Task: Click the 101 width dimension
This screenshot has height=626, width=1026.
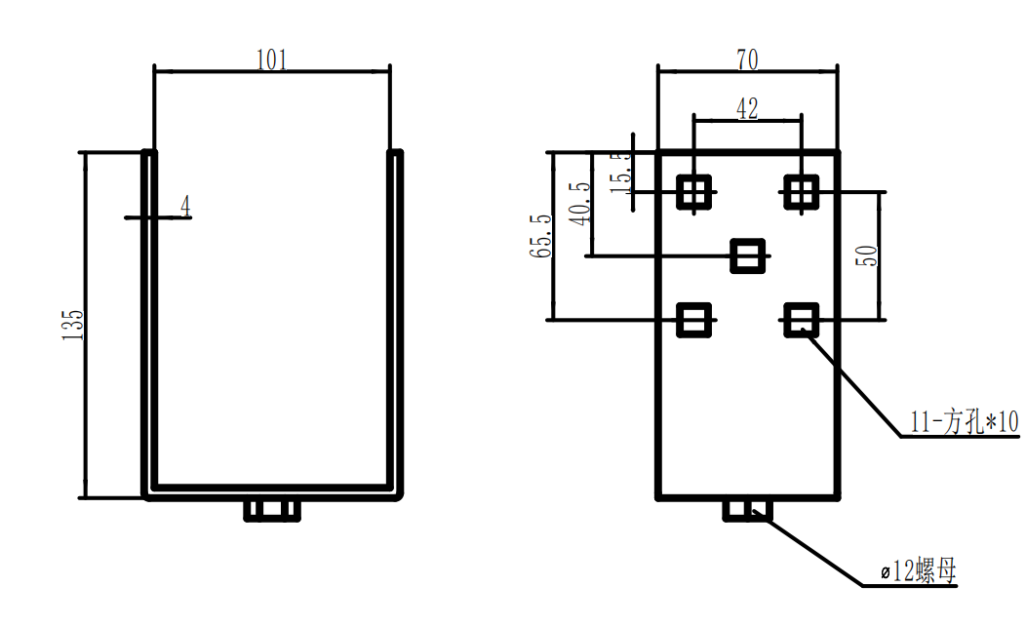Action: click(x=272, y=60)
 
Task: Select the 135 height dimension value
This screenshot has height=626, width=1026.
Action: click(x=73, y=325)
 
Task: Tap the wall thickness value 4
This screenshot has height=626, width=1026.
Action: click(x=185, y=205)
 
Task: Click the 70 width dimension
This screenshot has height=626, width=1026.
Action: click(x=747, y=60)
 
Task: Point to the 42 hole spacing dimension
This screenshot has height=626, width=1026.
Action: click(x=747, y=108)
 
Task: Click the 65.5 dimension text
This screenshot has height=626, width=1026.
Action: click(x=542, y=236)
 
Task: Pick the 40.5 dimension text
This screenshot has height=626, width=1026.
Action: click(x=582, y=203)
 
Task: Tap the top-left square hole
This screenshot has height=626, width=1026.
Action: click(x=694, y=191)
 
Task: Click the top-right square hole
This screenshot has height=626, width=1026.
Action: click(x=802, y=191)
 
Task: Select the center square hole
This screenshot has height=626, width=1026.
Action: click(x=748, y=256)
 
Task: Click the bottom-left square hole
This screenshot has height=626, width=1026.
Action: click(x=694, y=319)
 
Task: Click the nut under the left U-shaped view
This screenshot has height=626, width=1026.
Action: click(x=271, y=510)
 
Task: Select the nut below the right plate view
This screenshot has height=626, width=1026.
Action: click(x=748, y=510)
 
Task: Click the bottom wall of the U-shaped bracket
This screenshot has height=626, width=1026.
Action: click(x=273, y=490)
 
